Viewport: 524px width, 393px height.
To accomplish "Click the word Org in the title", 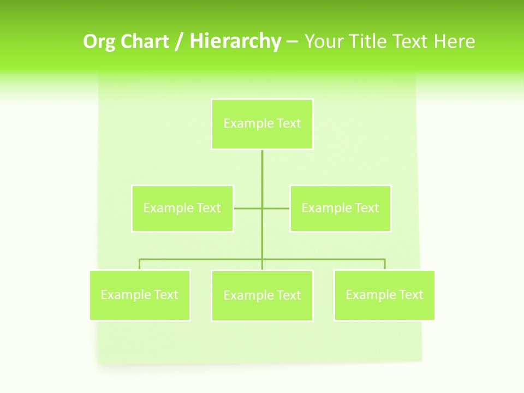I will pos(99,42).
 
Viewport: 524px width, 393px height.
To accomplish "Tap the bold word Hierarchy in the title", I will pos(235,41).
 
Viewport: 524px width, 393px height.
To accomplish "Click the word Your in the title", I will pos(323,41).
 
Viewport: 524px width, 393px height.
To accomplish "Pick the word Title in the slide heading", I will pos(369,41).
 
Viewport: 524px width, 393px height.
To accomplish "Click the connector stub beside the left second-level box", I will pos(247,208).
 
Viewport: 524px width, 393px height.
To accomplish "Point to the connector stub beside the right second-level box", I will pos(276,208).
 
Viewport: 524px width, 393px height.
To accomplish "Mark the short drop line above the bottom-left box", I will pos(140,264).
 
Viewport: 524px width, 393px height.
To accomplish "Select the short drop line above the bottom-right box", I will pos(385,264).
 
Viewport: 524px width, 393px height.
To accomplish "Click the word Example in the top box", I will pos(248,123).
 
